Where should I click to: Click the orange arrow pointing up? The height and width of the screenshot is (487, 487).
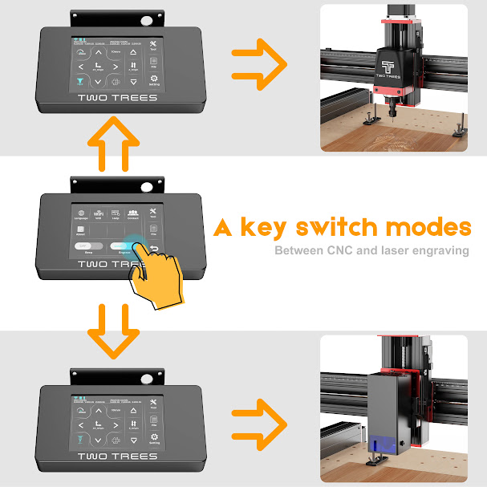[112, 145]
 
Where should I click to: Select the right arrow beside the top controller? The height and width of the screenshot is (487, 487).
[258, 59]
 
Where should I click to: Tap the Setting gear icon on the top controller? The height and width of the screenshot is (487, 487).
[153, 80]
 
